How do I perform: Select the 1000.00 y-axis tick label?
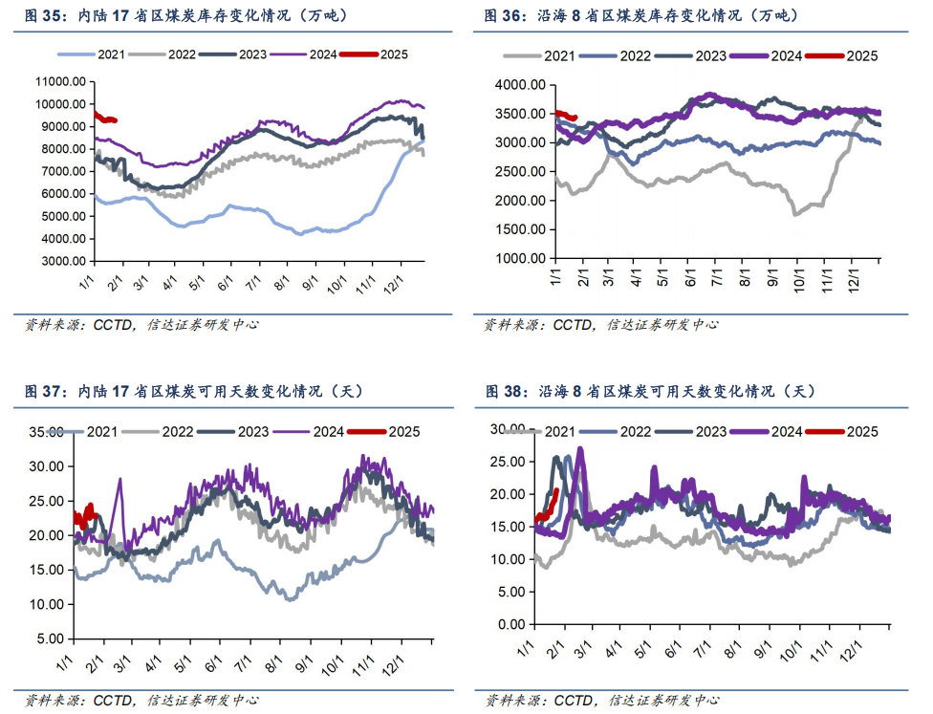(522, 259)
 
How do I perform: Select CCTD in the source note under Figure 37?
(113, 700)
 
